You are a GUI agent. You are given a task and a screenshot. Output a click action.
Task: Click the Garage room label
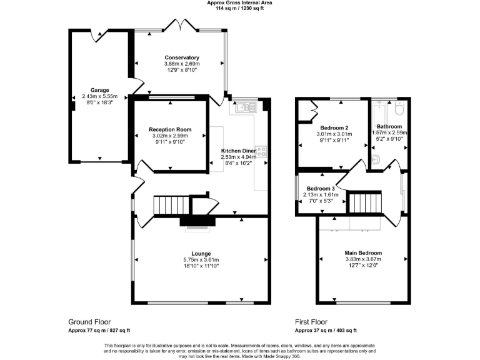click(x=99, y=91)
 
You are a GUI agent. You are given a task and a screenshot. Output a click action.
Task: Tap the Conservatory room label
click(x=182, y=57)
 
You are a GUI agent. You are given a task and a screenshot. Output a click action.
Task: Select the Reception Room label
click(x=170, y=129)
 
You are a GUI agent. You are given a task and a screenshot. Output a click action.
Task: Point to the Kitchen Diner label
click(x=239, y=151)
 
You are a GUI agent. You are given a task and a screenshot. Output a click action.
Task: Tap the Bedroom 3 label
click(x=321, y=188)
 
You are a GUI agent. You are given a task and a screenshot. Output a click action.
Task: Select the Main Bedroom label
click(x=363, y=253)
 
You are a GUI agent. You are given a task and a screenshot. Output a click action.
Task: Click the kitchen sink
click(x=244, y=107)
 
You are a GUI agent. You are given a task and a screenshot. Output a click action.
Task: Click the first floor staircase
click(x=361, y=204)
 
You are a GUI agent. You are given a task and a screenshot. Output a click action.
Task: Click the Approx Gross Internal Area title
click(x=240, y=2)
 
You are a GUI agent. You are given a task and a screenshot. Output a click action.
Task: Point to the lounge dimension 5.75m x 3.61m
click(x=201, y=259)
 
